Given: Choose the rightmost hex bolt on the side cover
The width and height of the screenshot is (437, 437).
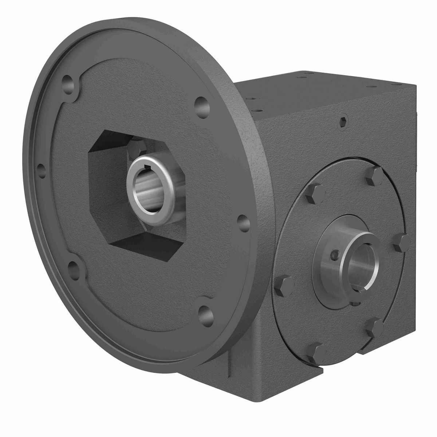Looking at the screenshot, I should click(x=402, y=241).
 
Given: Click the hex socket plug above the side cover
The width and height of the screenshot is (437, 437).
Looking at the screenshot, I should click(x=344, y=125).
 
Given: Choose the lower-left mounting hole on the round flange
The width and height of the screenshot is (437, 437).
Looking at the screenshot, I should click(x=74, y=265).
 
